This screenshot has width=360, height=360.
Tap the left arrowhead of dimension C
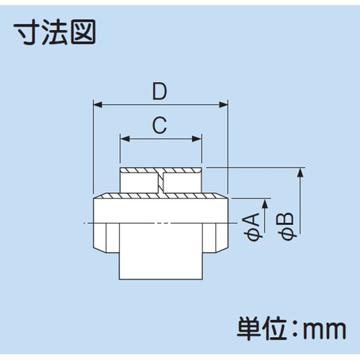click(x=124, y=139)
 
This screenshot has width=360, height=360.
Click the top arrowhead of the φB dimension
click(x=301, y=173)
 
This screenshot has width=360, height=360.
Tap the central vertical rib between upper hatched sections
click(x=163, y=182)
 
